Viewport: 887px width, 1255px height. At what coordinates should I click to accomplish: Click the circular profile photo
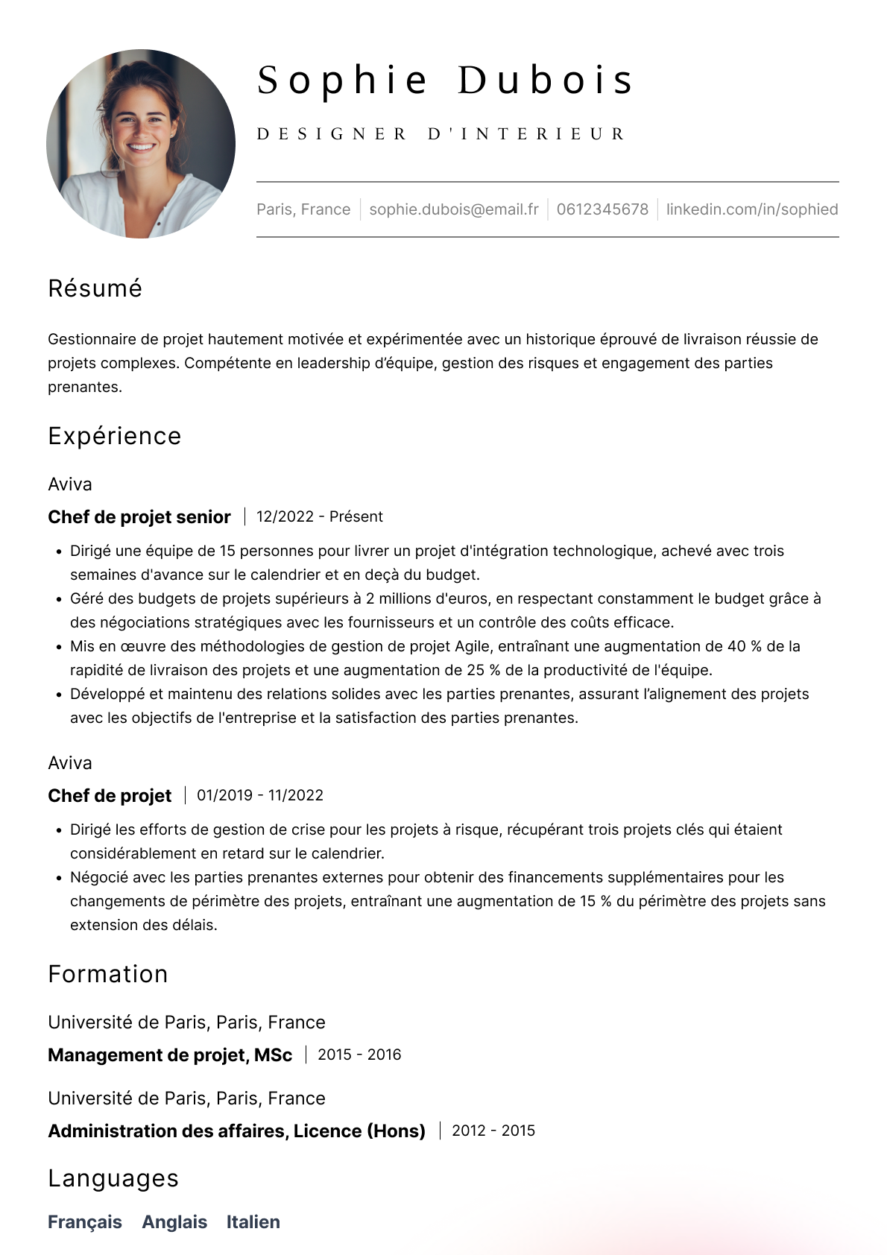click(141, 144)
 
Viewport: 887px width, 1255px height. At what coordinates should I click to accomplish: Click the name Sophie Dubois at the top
click(445, 80)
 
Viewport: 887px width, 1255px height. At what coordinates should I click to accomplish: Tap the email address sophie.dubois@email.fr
click(453, 209)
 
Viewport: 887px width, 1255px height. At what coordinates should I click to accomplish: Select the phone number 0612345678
click(602, 209)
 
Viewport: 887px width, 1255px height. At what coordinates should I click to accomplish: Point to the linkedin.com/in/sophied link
click(751, 209)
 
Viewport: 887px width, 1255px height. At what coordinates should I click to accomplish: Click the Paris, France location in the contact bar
click(303, 209)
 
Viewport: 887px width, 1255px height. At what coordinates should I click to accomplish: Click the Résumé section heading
click(95, 288)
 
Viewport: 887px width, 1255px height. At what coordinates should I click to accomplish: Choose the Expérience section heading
click(114, 436)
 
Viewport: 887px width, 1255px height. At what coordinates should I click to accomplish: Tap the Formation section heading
click(107, 974)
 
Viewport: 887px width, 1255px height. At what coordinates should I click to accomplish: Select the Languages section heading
click(113, 1178)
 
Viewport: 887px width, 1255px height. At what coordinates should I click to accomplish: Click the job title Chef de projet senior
click(139, 517)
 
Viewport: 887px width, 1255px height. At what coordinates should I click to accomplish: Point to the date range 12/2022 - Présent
click(319, 517)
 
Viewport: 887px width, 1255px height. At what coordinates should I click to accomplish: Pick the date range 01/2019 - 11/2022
click(259, 795)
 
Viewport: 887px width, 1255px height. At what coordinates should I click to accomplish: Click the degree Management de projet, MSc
click(170, 1055)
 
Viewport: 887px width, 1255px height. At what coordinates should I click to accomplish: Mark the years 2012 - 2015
click(493, 1131)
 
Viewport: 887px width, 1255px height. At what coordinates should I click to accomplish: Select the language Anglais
click(174, 1222)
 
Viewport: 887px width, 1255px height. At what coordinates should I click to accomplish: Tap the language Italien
click(253, 1222)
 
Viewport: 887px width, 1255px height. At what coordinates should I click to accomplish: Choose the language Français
click(85, 1222)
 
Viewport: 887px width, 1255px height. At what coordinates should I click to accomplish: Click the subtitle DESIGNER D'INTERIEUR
click(441, 134)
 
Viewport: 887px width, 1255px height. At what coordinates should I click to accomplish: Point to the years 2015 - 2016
click(359, 1055)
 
